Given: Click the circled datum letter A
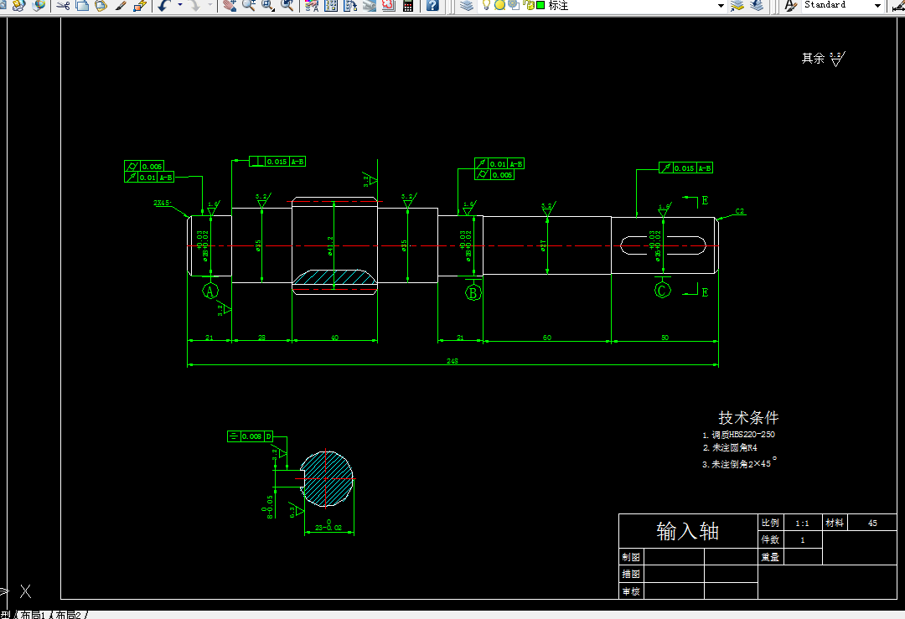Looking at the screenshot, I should click(x=210, y=291).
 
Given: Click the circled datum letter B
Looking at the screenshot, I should click(x=473, y=292).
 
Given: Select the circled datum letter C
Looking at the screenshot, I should click(x=663, y=291).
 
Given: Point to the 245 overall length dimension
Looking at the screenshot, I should click(x=452, y=361).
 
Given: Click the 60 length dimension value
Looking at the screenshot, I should click(x=547, y=338).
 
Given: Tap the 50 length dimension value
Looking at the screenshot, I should click(x=665, y=338).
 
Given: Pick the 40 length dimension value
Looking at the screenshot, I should click(x=334, y=338).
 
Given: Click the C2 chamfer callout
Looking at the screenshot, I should click(x=740, y=211).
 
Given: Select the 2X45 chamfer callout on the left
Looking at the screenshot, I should click(x=163, y=203).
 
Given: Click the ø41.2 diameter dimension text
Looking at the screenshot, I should click(x=330, y=245).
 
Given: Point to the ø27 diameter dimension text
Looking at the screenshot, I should click(x=543, y=245).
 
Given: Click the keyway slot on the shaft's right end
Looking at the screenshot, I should click(x=665, y=244).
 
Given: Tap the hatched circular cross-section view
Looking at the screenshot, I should click(x=327, y=478).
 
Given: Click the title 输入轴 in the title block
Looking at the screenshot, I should click(x=687, y=531).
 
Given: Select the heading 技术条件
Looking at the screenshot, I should click(x=748, y=417).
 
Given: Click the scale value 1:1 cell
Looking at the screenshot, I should click(x=802, y=523).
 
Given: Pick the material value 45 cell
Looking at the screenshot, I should click(x=872, y=523).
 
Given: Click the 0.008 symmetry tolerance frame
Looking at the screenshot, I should click(x=251, y=436).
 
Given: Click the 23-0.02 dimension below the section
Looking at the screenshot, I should click(x=328, y=527).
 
